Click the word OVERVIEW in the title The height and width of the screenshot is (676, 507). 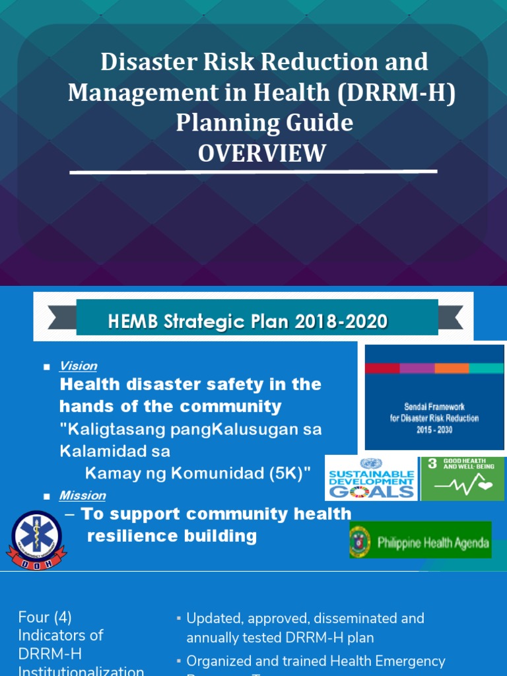tap(262, 153)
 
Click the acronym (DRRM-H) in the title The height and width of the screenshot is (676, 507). tap(396, 92)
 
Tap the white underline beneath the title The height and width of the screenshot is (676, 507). tap(253, 172)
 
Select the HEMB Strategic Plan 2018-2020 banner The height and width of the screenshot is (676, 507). tap(257, 321)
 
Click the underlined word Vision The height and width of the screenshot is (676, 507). tap(78, 366)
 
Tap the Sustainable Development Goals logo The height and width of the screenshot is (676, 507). tap(371, 478)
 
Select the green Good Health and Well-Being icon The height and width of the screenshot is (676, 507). tap(462, 478)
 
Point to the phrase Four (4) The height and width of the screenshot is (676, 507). tap(44, 617)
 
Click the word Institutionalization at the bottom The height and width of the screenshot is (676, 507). tap(81, 670)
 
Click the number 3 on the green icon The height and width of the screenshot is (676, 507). tap(432, 463)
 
